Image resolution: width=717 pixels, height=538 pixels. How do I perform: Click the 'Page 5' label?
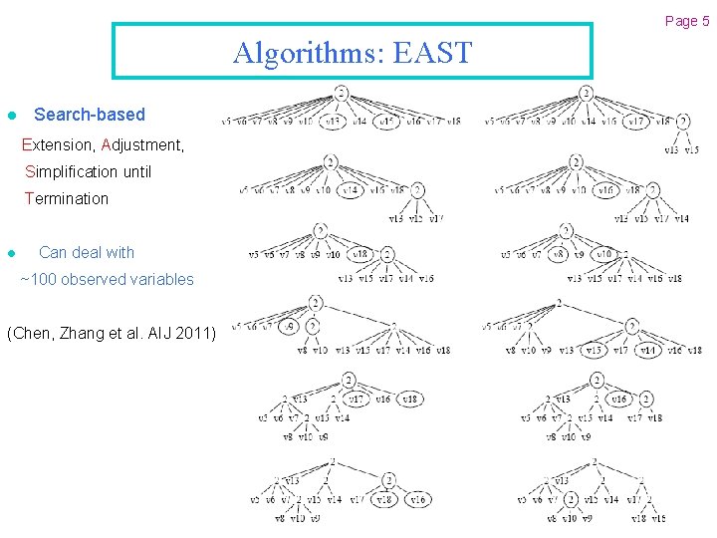(687, 21)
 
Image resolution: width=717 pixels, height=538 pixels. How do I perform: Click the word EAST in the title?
(433, 52)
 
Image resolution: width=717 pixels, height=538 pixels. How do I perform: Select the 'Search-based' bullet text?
(90, 115)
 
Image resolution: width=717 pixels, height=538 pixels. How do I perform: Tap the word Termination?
(67, 198)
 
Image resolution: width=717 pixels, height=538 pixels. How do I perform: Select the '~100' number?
(39, 279)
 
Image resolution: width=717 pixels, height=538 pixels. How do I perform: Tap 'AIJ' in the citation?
(157, 332)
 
